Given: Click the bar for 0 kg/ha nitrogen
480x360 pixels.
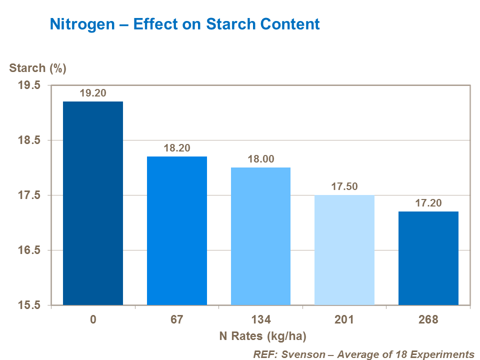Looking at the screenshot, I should pyautogui.click(x=93, y=203).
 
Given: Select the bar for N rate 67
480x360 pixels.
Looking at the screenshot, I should pyautogui.click(x=177, y=230).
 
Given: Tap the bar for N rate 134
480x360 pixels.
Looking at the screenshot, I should pyautogui.click(x=260, y=236).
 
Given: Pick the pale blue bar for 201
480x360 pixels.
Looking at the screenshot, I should pyautogui.click(x=344, y=249).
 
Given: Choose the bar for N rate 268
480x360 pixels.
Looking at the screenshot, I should pyautogui.click(x=428, y=258).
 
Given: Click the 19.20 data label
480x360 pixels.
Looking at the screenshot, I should pyautogui.click(x=93, y=93).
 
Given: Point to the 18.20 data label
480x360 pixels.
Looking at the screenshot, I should pyautogui.click(x=177, y=148).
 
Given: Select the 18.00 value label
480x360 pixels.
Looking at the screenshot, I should pyautogui.click(x=260, y=159).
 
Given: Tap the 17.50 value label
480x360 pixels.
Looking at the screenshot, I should pyautogui.click(x=344, y=186).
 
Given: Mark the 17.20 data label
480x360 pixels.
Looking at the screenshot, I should pyautogui.click(x=428, y=203).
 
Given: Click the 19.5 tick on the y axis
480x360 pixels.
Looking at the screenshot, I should pyautogui.click(x=29, y=85).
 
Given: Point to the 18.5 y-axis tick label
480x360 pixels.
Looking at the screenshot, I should pyautogui.click(x=29, y=140).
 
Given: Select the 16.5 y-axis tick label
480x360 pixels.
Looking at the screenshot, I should pyautogui.click(x=29, y=250).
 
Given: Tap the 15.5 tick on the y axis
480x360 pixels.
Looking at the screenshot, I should pyautogui.click(x=29, y=305).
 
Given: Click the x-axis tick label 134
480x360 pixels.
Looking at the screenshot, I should pyautogui.click(x=260, y=319).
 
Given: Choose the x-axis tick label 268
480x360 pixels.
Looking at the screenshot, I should pyautogui.click(x=428, y=319).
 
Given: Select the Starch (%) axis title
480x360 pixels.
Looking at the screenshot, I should pyautogui.click(x=38, y=68).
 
